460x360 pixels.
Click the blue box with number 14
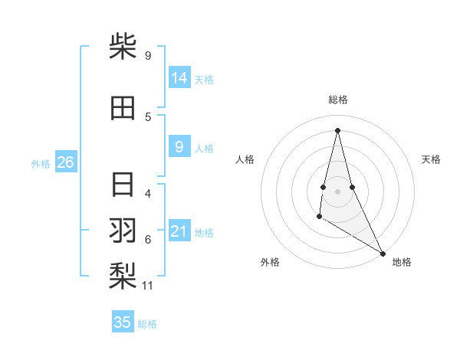(x=179, y=78)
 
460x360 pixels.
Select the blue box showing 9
(x=179, y=147)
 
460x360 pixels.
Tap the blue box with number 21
(x=179, y=231)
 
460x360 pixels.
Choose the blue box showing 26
(x=65, y=162)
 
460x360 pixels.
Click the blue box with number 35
(x=123, y=322)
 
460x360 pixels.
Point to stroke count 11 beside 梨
(x=148, y=286)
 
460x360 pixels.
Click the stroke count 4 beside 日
(x=148, y=194)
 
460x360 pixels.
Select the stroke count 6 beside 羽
(x=148, y=240)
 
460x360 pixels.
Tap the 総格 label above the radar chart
(x=337, y=100)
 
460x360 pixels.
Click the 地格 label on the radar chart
(x=402, y=262)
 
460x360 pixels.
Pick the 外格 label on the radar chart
(x=270, y=262)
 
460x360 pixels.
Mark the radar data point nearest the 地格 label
(x=383, y=254)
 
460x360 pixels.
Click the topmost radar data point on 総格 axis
(x=337, y=129)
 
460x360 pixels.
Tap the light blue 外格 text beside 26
(x=40, y=163)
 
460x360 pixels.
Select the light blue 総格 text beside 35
(x=147, y=324)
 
